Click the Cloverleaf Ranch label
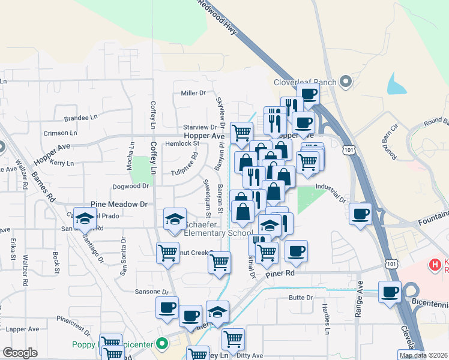[304, 82]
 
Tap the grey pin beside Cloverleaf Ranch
[345, 81]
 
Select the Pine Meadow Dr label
[119, 205]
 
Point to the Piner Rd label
[282, 273]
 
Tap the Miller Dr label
[193, 93]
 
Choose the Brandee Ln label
[76, 118]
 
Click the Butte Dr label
[301, 298]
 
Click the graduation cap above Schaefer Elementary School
[175, 219]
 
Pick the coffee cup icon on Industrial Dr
[360, 214]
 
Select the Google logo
[20, 353]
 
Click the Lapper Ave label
[23, 329]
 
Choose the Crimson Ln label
[60, 133]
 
